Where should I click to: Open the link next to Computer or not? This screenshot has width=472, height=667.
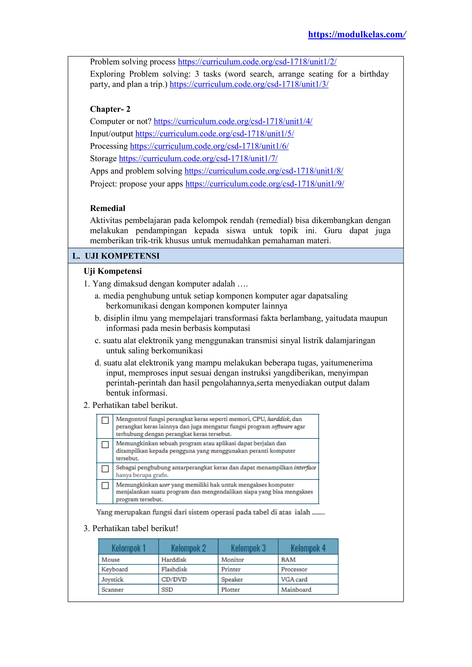(x=233, y=121)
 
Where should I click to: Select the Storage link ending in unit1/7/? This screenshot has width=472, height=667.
(x=198, y=158)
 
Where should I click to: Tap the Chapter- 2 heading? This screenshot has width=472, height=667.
(x=110, y=109)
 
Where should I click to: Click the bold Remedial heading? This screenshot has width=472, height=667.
(x=108, y=208)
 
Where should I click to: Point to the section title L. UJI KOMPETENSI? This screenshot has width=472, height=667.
(x=116, y=256)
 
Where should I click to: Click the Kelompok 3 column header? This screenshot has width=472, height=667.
(x=248, y=548)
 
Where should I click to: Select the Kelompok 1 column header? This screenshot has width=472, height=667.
(x=128, y=548)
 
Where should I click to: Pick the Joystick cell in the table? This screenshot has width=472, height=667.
(x=112, y=579)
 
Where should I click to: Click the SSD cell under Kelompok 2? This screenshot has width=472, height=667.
(x=167, y=590)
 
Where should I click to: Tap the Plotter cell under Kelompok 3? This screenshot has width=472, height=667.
(x=230, y=590)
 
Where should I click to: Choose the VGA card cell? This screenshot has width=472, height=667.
(x=294, y=579)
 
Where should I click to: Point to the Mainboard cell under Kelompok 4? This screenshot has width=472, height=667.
(x=296, y=590)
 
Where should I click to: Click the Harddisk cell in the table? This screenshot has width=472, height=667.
(x=174, y=560)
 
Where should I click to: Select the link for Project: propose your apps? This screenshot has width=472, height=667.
(x=265, y=184)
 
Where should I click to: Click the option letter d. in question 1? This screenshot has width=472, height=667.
(x=98, y=363)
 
